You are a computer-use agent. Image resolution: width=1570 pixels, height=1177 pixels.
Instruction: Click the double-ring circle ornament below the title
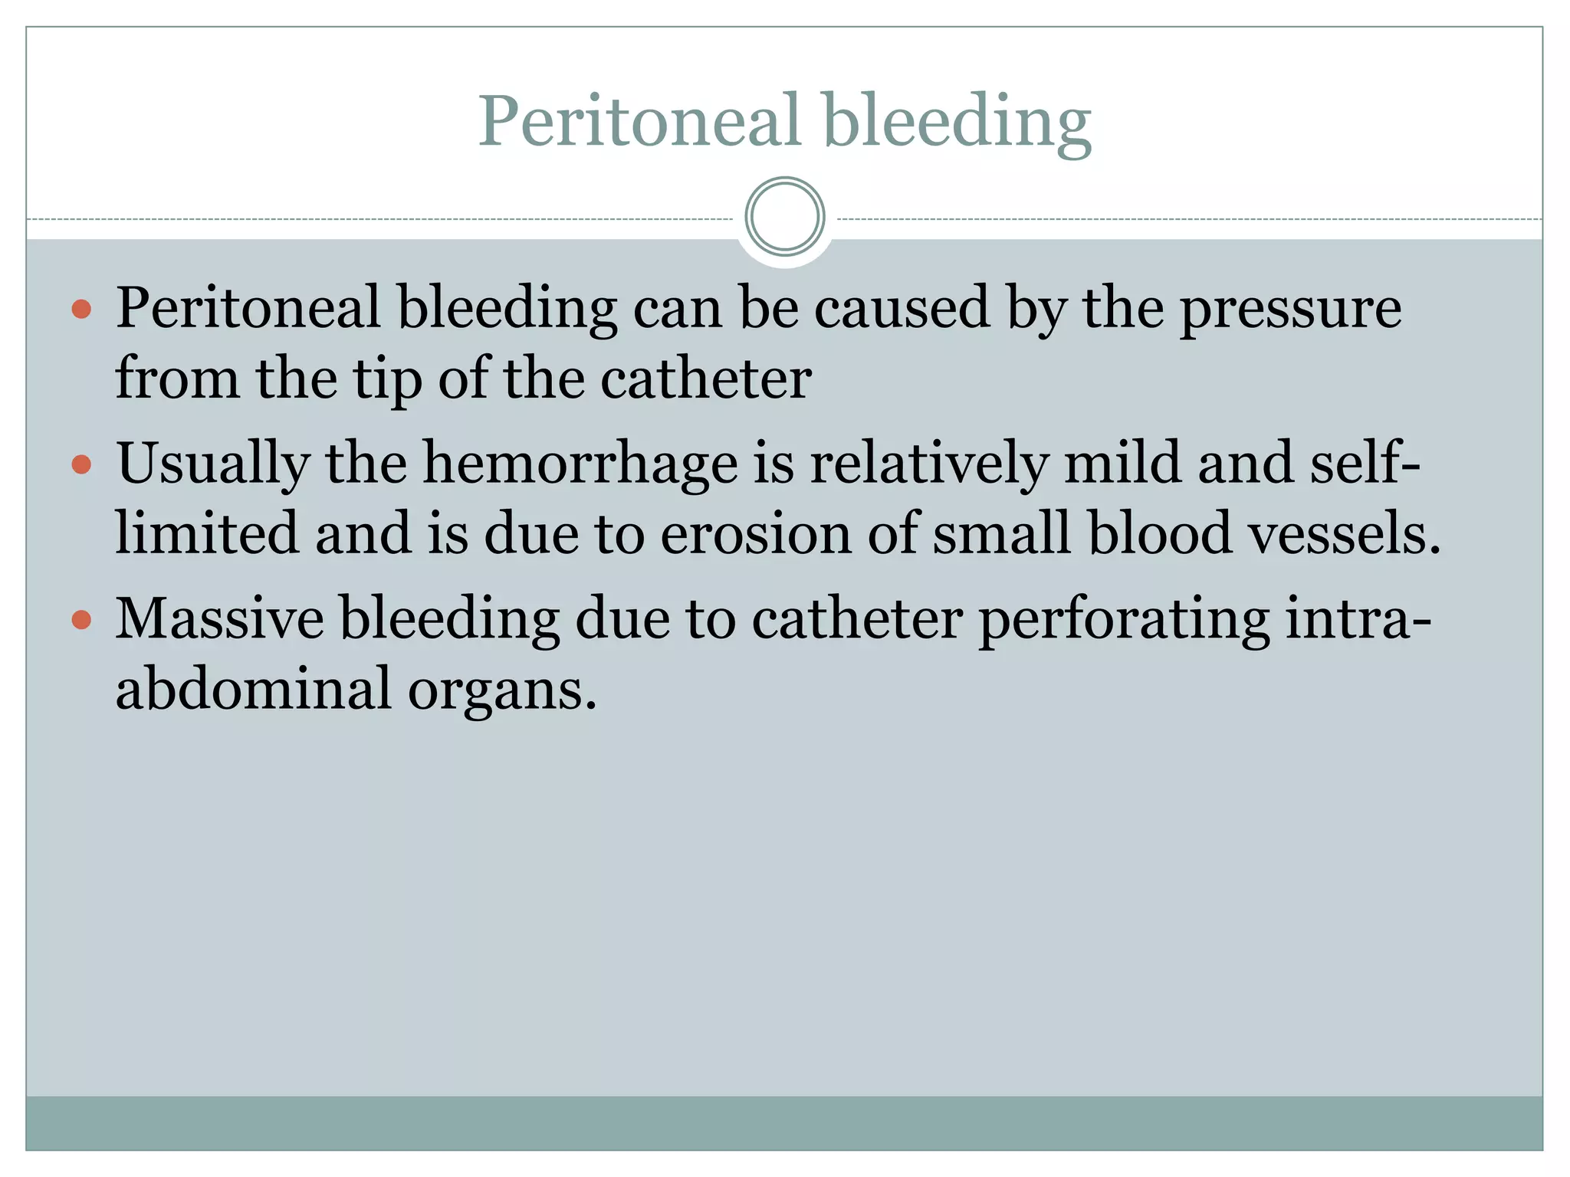click(x=785, y=216)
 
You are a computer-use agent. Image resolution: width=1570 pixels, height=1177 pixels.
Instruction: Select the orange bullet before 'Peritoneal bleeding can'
click(x=81, y=310)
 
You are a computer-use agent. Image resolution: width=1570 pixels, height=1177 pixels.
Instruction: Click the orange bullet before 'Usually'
click(x=81, y=464)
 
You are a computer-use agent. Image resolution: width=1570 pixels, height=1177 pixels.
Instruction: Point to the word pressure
click(x=1290, y=310)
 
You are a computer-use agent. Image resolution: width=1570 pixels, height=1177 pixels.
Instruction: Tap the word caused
click(x=902, y=308)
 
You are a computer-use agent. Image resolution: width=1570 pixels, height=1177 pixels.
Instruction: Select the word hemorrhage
click(x=580, y=464)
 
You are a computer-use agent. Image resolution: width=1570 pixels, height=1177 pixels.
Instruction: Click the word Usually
click(x=213, y=464)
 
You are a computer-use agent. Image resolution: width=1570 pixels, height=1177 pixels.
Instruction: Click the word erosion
click(x=756, y=533)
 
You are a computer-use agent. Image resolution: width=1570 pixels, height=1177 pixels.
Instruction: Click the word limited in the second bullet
click(x=206, y=533)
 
